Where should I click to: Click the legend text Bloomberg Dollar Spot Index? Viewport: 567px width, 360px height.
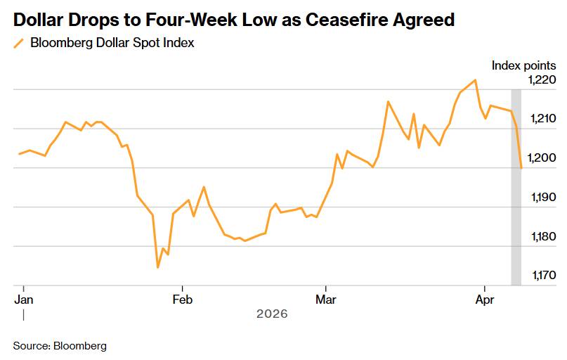tap(112, 43)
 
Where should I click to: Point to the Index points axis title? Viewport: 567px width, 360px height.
tap(523, 65)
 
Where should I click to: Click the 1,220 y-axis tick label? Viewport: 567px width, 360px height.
tap(542, 80)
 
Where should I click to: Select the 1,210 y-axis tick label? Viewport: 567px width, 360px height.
tap(542, 119)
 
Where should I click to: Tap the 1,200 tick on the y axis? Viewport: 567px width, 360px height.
tap(542, 158)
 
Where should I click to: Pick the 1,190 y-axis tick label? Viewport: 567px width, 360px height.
tap(542, 198)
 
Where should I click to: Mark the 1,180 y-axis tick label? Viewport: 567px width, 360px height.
tap(542, 237)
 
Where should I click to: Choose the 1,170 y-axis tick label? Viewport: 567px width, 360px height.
tap(542, 276)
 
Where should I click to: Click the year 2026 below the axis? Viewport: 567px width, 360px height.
tap(272, 314)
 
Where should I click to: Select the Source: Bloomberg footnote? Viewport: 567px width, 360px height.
tap(60, 346)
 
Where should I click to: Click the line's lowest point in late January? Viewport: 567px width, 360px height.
tap(157, 268)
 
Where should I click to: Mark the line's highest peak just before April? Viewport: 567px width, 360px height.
tap(476, 79)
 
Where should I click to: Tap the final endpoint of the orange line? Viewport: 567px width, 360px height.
tap(521, 168)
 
